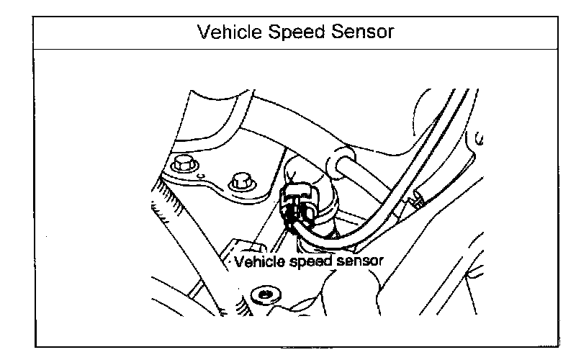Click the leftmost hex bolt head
tap(183, 164)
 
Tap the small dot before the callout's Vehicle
tap(231, 264)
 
